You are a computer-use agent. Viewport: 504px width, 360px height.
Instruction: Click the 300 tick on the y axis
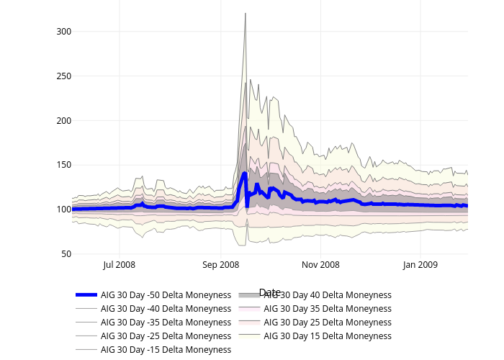62,32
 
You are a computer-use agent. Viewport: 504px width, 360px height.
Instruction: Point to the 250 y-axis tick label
62,76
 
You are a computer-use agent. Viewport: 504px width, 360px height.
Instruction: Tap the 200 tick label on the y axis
62,121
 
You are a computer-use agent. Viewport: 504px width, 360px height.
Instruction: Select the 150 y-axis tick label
62,165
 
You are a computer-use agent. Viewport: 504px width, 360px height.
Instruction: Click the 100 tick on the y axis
62,210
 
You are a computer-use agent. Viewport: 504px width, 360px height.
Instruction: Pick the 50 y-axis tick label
64,254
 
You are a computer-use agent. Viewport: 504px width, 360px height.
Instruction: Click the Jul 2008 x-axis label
120,265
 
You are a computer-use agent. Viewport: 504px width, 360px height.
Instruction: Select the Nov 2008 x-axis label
320,265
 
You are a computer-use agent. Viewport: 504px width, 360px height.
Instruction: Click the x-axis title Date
269,292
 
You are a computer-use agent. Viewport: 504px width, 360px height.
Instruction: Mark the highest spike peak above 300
246,13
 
